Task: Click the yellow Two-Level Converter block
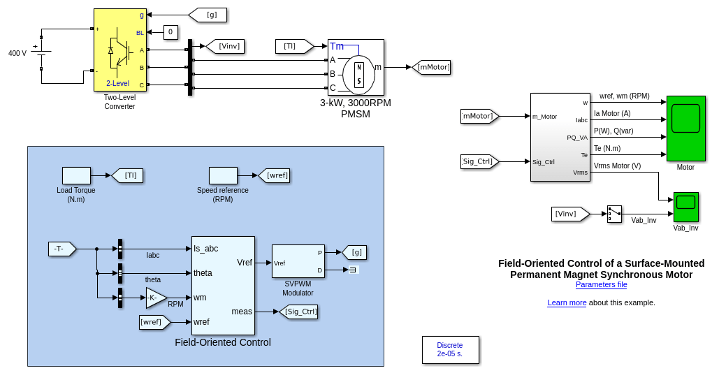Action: [x=119, y=50]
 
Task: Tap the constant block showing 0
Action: [x=170, y=32]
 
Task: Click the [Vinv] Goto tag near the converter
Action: [x=225, y=46]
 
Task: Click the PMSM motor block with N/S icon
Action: [x=356, y=67]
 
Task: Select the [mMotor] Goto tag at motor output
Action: [x=431, y=67]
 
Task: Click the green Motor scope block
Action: [x=685, y=129]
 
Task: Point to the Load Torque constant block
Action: [x=76, y=175]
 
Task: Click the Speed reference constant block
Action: [x=223, y=175]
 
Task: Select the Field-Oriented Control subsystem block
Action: [x=223, y=285]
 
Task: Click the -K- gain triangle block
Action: [x=156, y=298]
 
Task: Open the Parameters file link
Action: [x=601, y=284]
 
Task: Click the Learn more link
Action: [x=567, y=302]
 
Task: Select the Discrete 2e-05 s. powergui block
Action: [x=450, y=349]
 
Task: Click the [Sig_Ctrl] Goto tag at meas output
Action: [x=299, y=312]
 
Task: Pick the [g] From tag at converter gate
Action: [x=207, y=15]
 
